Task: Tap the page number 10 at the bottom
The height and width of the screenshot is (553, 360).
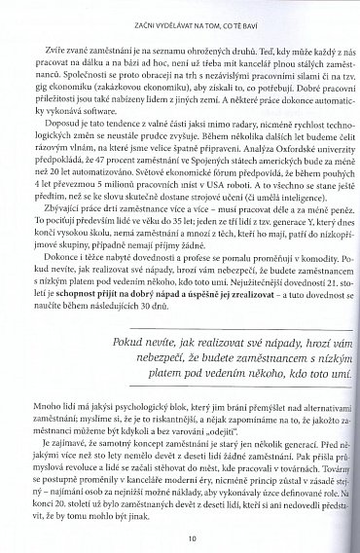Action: tap(181, 534)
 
